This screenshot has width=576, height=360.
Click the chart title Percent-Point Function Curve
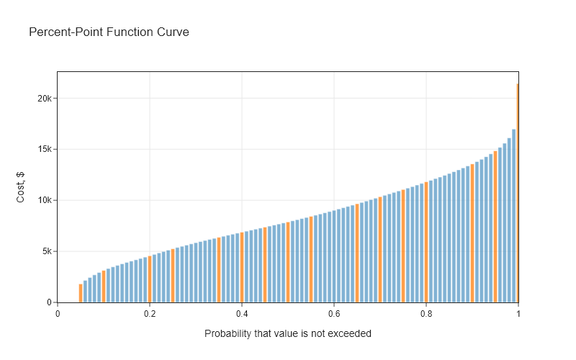(109, 32)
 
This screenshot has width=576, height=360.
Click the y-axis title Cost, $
(21, 186)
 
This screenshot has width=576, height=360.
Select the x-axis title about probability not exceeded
(288, 333)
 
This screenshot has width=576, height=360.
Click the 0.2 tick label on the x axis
(150, 313)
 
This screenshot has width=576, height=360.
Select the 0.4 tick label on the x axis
(242, 313)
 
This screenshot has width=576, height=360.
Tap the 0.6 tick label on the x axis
(334, 313)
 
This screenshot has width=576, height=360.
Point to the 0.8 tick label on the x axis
(426, 313)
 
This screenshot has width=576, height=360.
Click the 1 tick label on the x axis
(518, 313)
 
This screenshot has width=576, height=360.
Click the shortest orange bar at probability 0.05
(81, 293)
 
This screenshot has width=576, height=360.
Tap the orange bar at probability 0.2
(150, 279)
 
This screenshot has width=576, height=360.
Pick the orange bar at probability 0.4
(242, 267)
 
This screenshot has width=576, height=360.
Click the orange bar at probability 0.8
(426, 242)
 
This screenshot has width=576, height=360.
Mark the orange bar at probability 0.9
(472, 233)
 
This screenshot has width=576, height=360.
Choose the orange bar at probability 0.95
(495, 227)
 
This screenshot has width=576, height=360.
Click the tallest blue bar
(514, 216)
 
